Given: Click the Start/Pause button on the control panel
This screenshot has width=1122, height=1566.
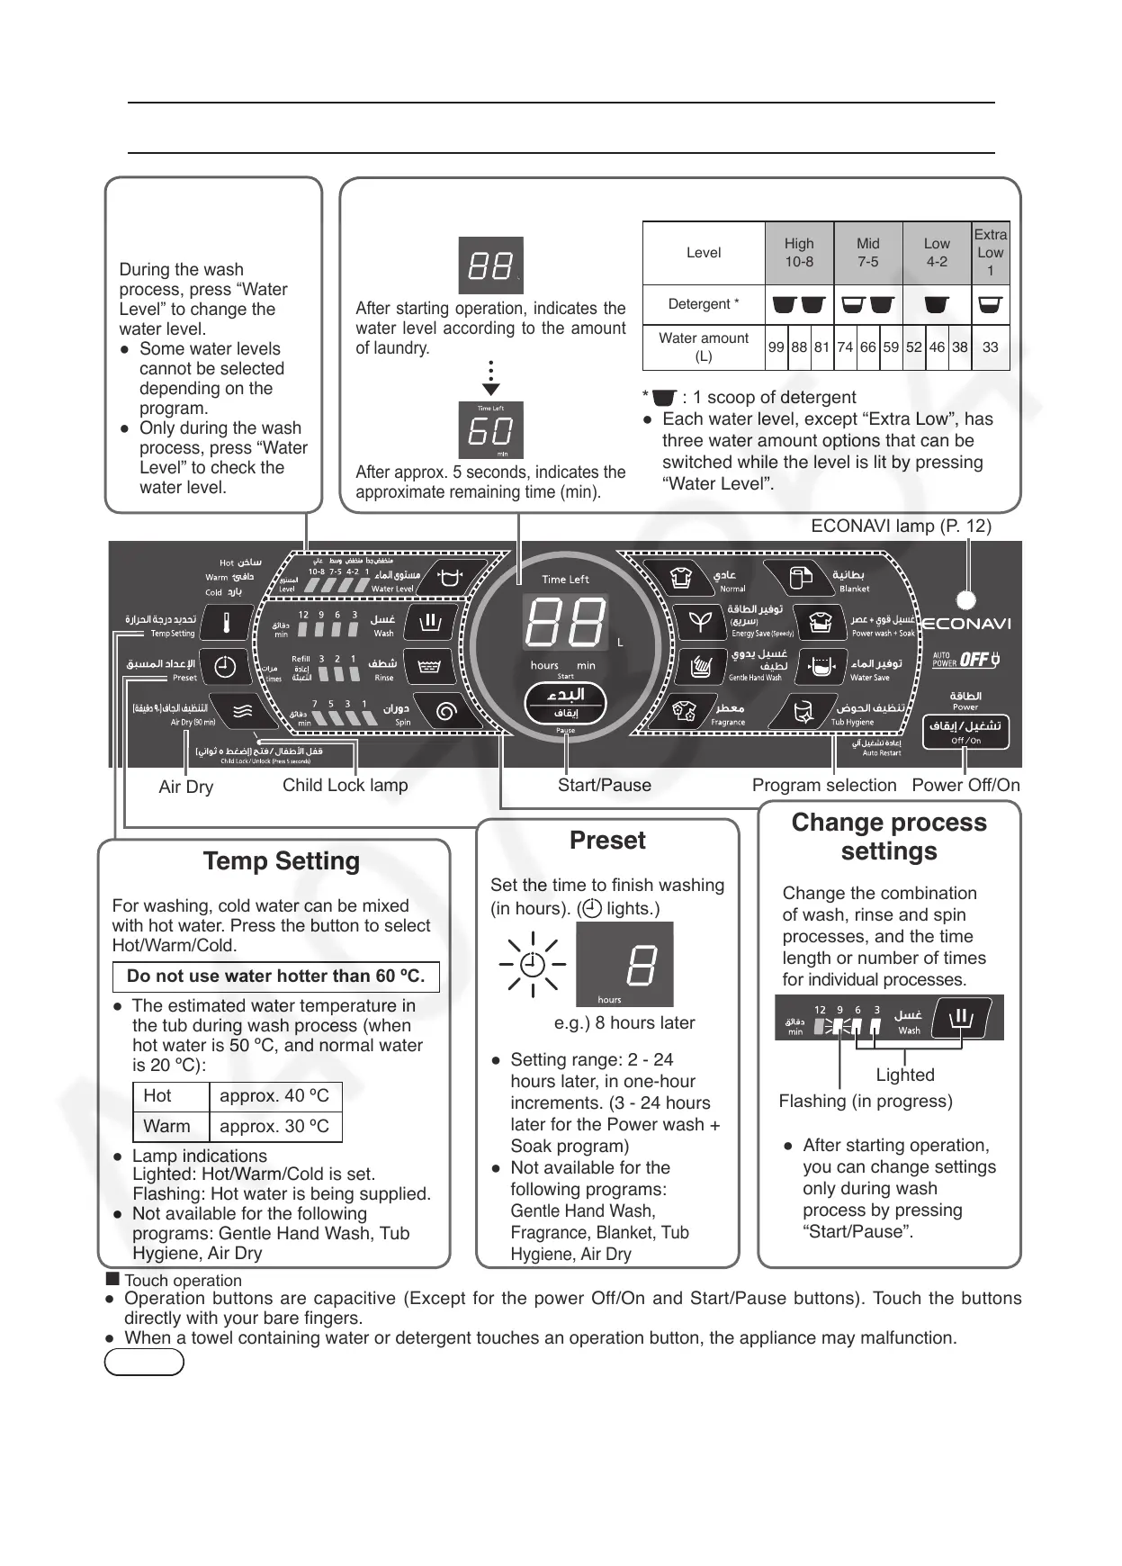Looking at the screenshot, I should [x=565, y=703].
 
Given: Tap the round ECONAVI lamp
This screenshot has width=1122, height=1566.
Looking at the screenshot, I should [x=966, y=599].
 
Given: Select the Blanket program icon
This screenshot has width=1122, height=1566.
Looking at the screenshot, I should [x=799, y=578].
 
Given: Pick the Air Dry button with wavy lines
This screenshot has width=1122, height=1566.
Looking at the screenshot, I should [x=242, y=712].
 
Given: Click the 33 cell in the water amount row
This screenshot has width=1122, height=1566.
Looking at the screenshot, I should [x=990, y=347].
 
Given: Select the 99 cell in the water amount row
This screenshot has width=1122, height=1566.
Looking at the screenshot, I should [x=776, y=347].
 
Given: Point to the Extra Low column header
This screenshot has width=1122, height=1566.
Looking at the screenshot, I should [x=990, y=253].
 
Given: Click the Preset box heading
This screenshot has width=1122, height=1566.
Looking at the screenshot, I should [x=607, y=841].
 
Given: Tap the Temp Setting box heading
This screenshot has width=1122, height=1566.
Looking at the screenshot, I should [x=282, y=861].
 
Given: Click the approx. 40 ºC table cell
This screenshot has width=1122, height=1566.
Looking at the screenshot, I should [x=274, y=1096].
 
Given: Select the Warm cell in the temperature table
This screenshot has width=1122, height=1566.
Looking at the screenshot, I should [x=167, y=1127].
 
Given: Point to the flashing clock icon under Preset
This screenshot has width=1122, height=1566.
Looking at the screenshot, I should [x=532, y=965].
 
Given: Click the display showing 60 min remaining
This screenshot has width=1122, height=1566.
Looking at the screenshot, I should [x=491, y=430].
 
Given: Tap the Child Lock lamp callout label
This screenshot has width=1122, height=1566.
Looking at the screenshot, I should [x=345, y=786].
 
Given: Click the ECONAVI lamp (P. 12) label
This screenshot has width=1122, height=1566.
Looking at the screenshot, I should [x=901, y=526].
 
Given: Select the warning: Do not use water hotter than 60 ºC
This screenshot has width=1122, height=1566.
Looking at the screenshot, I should [x=275, y=976].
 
